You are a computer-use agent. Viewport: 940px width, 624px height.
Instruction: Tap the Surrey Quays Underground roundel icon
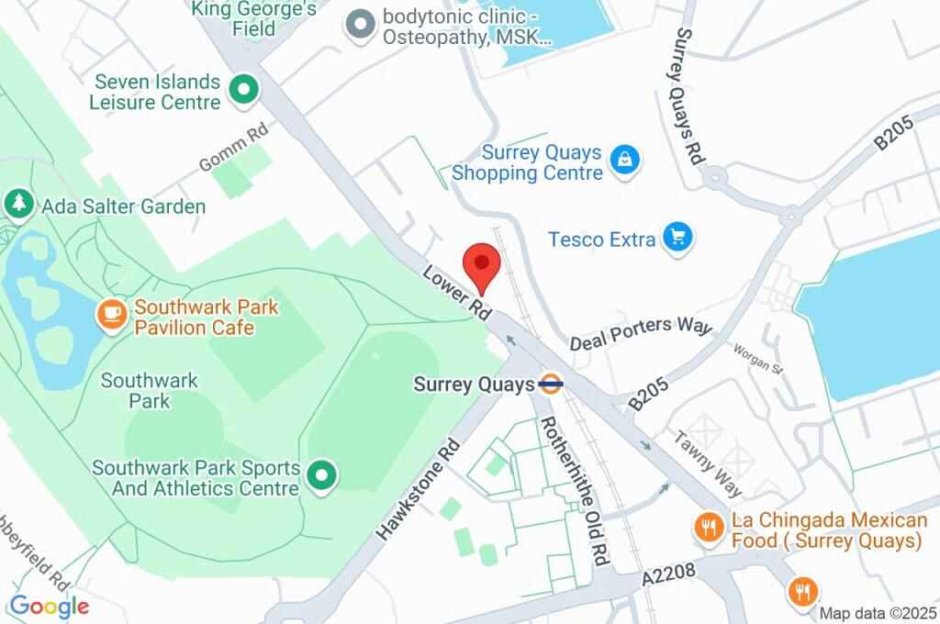point(551,384)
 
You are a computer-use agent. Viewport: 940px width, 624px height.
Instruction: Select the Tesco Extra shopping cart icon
point(678,239)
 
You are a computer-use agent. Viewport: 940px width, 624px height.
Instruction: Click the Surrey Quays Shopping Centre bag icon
point(625,161)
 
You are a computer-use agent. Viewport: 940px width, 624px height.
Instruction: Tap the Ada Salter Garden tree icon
point(18,205)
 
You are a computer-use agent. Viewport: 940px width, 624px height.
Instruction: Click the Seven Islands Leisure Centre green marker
point(244,91)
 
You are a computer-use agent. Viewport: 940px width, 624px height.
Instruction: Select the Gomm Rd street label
point(234,147)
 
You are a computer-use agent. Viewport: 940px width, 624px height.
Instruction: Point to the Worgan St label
point(756,360)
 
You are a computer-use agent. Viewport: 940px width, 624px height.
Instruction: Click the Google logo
point(49,606)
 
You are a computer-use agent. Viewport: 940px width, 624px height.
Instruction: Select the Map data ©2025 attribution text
point(877,613)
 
